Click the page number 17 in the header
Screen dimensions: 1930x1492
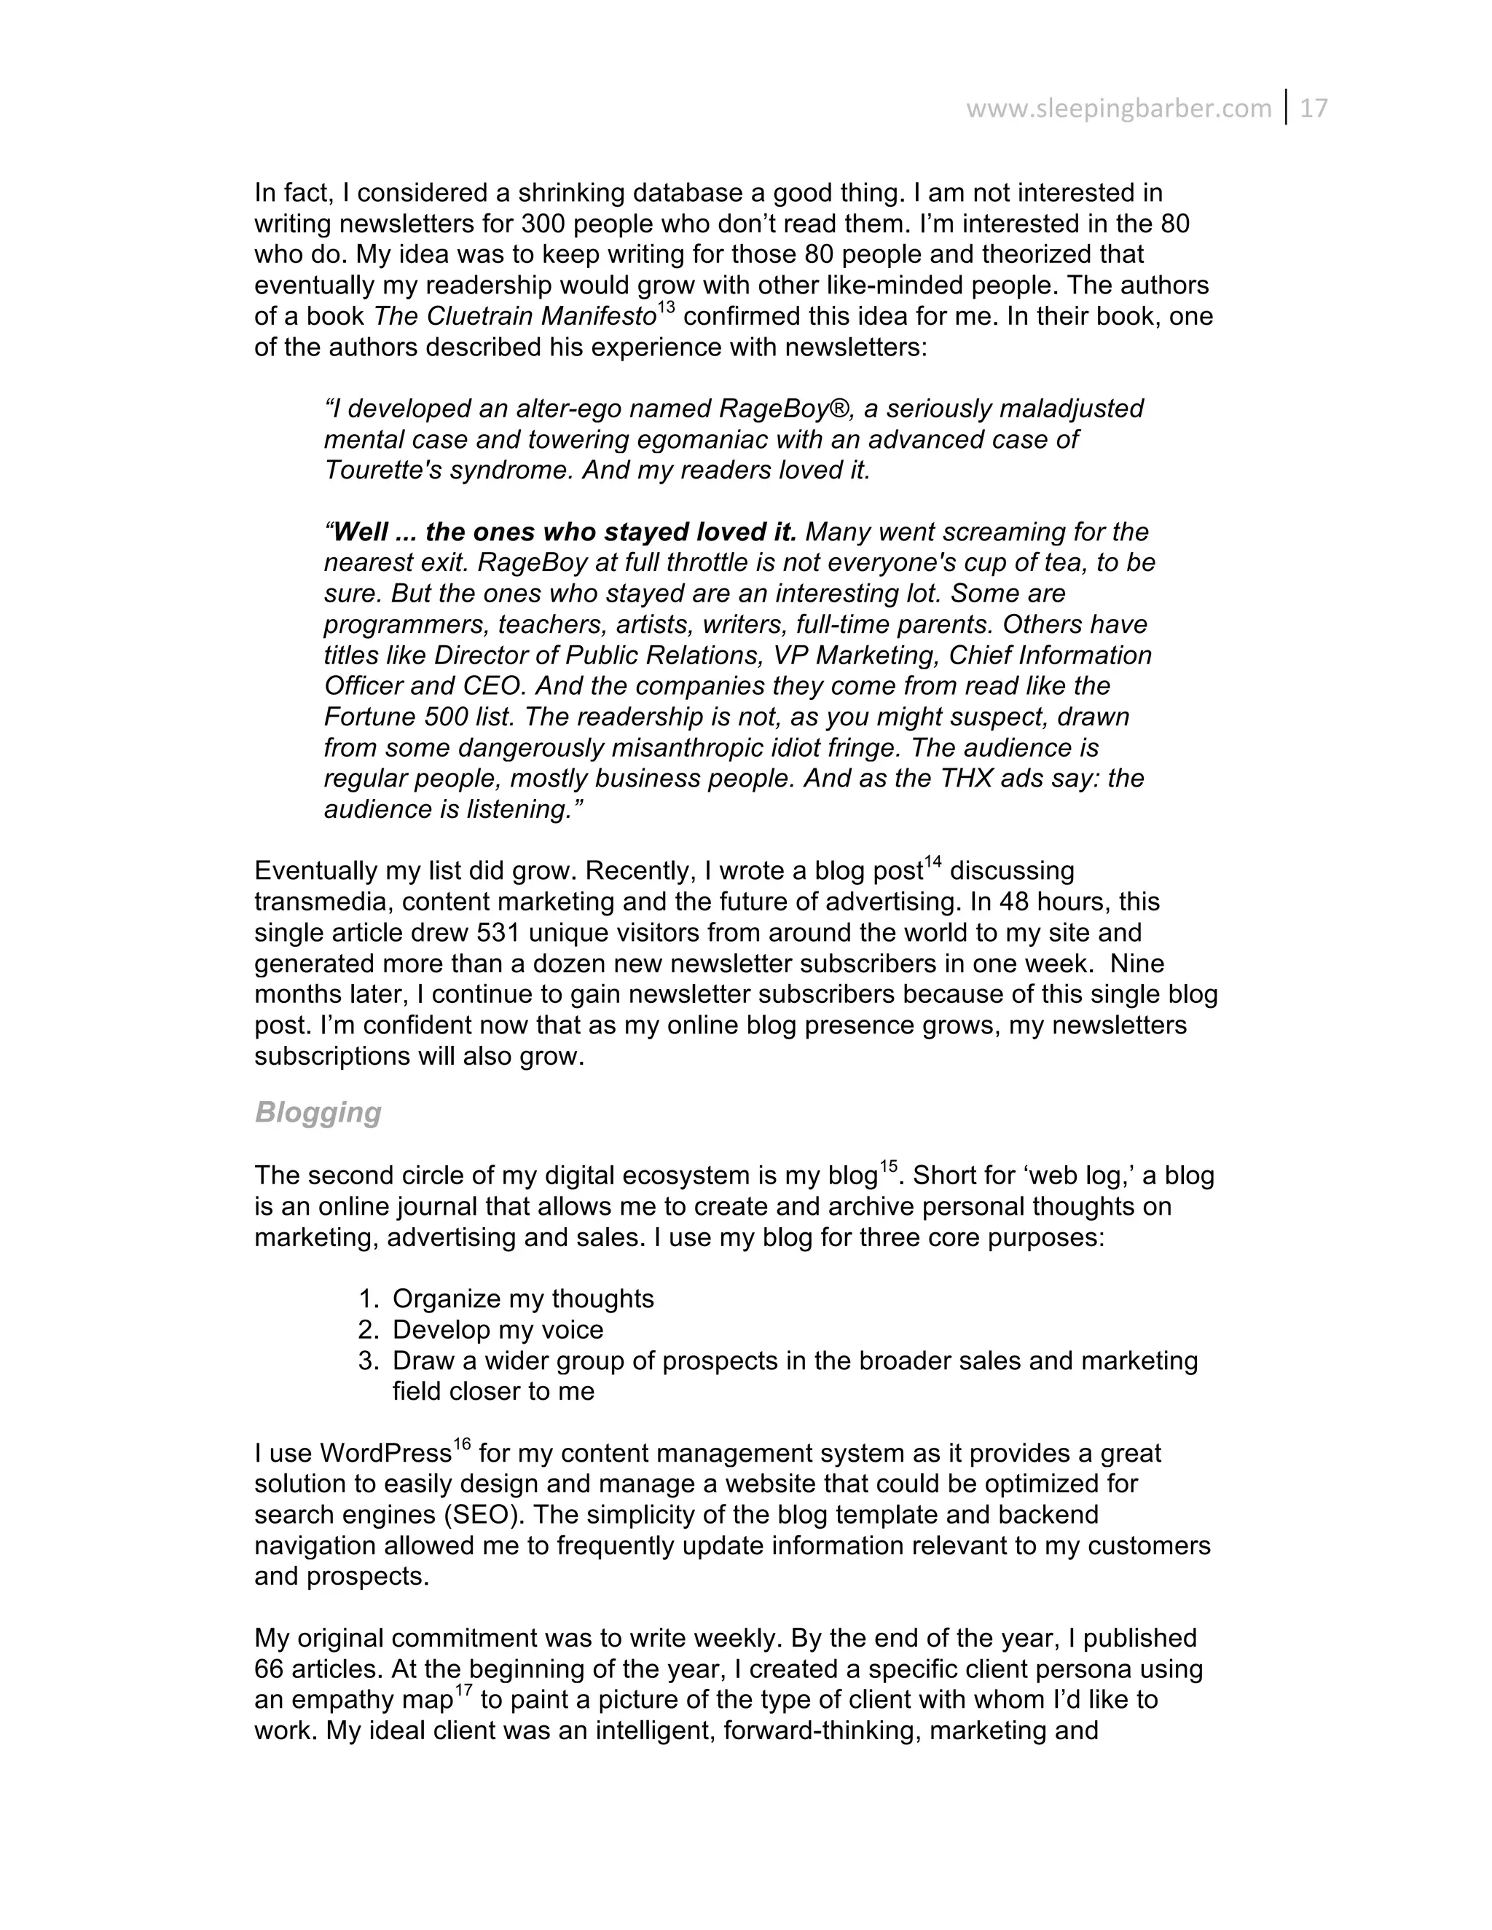(x=1314, y=108)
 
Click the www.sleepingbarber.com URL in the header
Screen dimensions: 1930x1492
(x=1118, y=109)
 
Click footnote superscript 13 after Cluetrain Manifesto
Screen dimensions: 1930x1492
(x=666, y=307)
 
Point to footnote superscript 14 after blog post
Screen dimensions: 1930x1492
(x=932, y=862)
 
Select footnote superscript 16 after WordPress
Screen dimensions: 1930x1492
(x=461, y=1445)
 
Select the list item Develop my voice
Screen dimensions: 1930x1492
(x=498, y=1329)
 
